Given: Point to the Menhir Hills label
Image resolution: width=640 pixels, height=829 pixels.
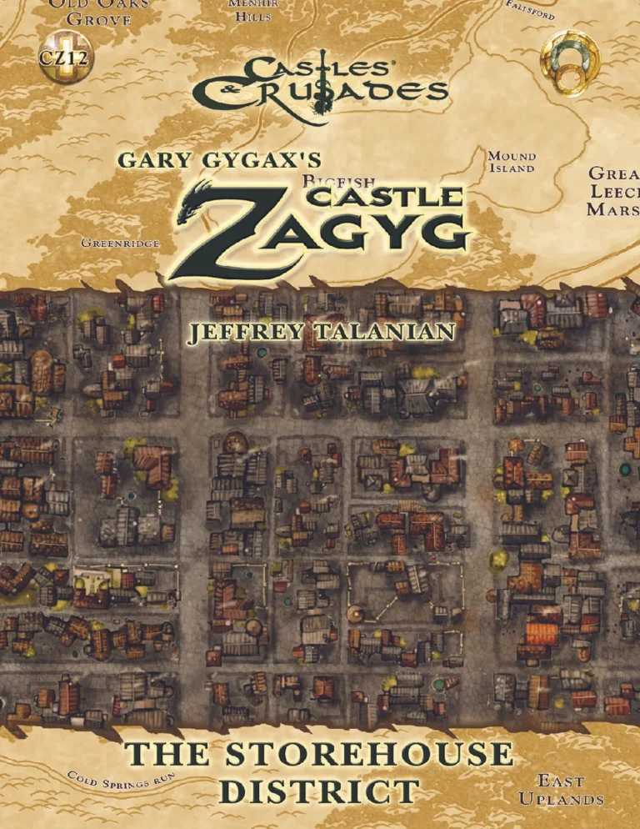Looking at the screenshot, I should coord(247,10).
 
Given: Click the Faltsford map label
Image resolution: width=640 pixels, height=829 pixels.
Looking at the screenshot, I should coord(531,11).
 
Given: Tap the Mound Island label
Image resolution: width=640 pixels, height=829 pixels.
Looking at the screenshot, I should coord(512,162).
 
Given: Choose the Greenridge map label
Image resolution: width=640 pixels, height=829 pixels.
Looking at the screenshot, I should coord(120,244).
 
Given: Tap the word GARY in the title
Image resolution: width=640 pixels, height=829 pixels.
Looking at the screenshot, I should coord(154,160).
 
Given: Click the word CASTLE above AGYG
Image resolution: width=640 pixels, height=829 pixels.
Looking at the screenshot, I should coord(385,197).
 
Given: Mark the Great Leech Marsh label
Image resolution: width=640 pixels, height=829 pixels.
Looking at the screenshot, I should coord(613,192).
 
